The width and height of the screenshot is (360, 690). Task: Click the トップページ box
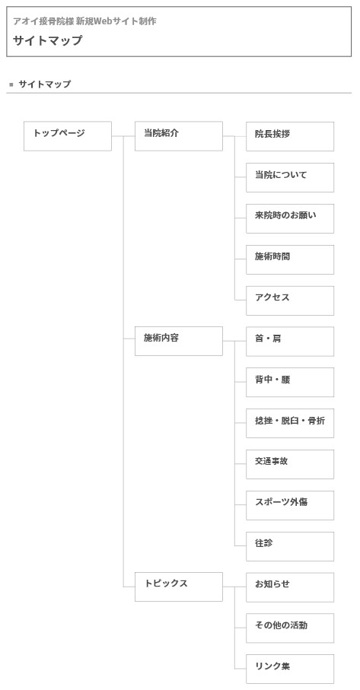[68, 136]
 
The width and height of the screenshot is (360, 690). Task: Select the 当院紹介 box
[179, 136]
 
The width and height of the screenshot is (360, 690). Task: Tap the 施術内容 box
[179, 341]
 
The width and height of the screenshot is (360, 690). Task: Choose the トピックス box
[179, 587]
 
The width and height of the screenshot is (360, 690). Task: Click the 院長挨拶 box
[290, 136]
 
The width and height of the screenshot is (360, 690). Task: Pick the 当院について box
[290, 177]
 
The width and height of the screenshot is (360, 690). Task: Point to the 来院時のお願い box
[290, 218]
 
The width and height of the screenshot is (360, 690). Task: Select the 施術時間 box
[290, 259]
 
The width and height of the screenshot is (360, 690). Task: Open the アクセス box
[290, 300]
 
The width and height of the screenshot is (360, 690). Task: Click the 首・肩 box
[290, 342]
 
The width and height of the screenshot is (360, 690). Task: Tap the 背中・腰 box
[290, 383]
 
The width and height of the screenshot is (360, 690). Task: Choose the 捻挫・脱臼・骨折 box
[290, 423]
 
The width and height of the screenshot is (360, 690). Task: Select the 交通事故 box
[290, 464]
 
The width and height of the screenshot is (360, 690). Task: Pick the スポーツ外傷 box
[290, 505]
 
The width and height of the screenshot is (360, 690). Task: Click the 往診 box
[290, 546]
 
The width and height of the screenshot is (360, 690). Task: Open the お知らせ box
[290, 587]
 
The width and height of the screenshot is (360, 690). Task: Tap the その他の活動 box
[290, 628]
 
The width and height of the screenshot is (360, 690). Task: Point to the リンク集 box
[290, 669]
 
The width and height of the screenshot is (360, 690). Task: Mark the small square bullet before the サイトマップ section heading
[11, 84]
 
